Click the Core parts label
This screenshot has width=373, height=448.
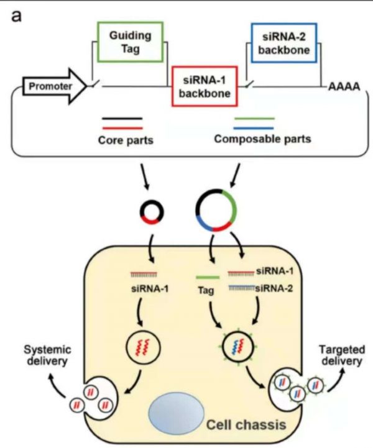[x=126, y=140]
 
